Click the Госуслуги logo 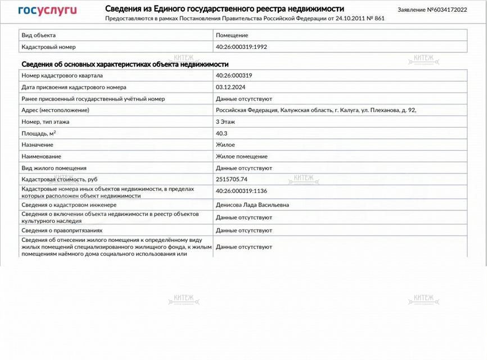point(47,10)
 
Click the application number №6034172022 point(432,10)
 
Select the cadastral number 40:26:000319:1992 point(241,47)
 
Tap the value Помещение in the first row point(232,35)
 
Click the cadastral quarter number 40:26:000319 point(234,75)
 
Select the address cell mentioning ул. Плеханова point(316,110)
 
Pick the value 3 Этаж point(226,121)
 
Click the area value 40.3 point(222,133)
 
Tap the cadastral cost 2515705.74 point(232,179)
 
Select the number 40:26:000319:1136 point(241,191)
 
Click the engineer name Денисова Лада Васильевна point(252,205)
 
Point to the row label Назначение point(38,145)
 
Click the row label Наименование point(42,156)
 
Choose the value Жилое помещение point(242,156)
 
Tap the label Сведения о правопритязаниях point(62,230)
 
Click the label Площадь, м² point(39,133)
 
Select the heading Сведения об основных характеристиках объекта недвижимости point(125,64)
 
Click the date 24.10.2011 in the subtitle point(350,19)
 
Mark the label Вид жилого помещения point(54,168)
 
